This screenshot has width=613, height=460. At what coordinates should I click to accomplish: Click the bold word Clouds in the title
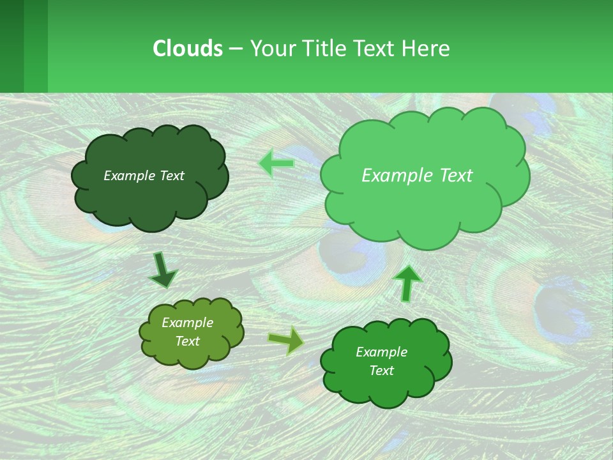pos(187,48)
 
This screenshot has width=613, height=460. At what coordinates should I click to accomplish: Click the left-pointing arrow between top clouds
pos(276,164)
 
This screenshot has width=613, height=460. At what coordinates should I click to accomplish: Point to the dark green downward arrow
pos(162,270)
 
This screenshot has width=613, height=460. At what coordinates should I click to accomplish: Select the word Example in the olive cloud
pos(187,323)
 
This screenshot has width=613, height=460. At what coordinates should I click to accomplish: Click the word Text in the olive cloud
pos(187,341)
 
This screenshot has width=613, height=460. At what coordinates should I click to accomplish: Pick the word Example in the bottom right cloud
pos(381,352)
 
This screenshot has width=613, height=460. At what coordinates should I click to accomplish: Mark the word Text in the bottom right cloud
pos(381,371)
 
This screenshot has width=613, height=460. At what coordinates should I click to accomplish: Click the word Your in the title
pos(268,48)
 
